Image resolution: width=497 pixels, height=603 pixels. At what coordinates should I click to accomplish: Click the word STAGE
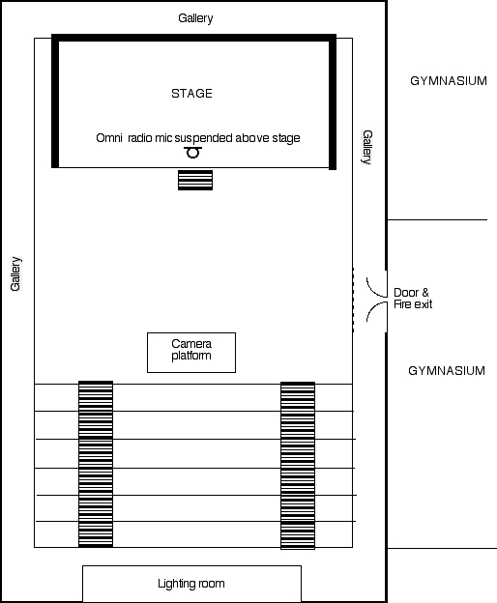191,94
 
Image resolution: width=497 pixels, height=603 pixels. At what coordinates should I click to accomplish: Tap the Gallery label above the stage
195,18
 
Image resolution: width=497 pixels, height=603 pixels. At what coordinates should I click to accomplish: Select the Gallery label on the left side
15,273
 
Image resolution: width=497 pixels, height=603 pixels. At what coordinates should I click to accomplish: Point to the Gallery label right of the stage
367,147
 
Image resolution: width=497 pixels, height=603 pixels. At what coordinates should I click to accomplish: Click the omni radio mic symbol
192,153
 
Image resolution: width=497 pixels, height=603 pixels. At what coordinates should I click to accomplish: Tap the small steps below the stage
195,180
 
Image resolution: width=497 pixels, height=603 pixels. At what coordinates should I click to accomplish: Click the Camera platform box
191,353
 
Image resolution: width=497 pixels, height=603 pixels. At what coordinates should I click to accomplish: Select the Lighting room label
191,584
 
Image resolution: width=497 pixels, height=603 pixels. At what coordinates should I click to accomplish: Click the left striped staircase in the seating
96,464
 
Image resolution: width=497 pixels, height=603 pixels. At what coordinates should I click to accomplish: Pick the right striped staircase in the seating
298,466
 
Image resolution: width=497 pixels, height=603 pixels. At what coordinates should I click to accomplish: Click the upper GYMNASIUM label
449,81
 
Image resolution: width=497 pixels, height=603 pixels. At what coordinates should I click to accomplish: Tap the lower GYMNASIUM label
447,371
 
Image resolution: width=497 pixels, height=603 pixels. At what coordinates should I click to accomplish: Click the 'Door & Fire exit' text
413,299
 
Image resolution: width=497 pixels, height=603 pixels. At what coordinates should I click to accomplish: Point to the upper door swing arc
373,291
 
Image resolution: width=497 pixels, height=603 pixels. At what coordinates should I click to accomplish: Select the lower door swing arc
373,307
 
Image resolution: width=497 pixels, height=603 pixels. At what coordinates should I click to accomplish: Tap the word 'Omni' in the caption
109,137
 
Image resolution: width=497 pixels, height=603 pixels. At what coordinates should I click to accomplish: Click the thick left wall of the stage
55,101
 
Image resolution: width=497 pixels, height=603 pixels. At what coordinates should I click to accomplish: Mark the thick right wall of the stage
333,101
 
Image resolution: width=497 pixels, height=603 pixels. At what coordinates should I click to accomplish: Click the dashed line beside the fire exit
353,300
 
